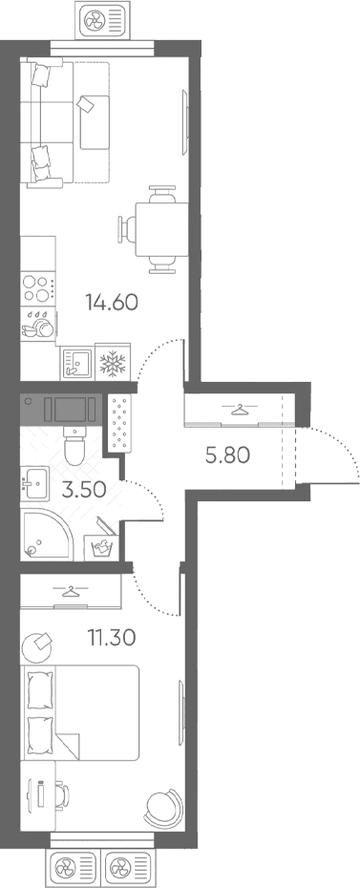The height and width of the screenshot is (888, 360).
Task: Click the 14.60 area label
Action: pos(112,303)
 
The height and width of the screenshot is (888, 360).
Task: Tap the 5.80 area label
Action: pos(227,455)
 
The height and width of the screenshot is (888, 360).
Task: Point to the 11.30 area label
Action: pos(111,638)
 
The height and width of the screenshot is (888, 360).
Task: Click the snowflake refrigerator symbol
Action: pos(114,363)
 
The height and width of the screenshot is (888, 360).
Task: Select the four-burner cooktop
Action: pos(38,288)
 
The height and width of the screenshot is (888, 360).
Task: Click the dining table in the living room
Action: pos(154,229)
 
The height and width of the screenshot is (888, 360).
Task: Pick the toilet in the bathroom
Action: pos(74,445)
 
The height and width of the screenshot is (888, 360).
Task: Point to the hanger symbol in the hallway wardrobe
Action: pos(241,409)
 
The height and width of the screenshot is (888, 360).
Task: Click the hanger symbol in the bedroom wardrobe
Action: pos(71,591)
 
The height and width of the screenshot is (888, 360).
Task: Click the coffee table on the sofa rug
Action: pos(95,122)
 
